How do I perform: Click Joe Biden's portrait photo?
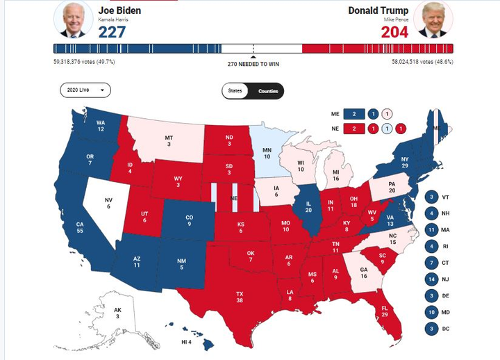point(72,19)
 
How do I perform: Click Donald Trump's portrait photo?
point(433,19)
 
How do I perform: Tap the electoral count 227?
point(111,31)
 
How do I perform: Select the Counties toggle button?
point(269,91)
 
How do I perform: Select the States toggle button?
point(235,91)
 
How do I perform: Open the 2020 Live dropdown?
point(85,90)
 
